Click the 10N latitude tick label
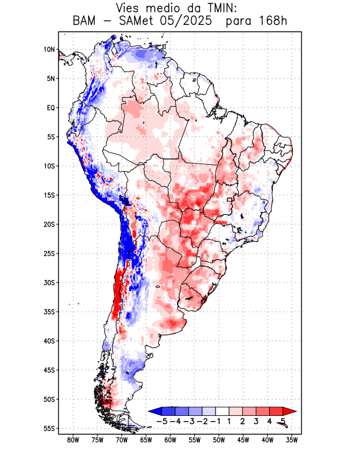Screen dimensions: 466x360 pyautogui.click(x=49, y=50)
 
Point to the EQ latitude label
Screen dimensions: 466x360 pyautogui.click(x=50, y=108)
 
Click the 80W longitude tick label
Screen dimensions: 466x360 pyautogui.click(x=73, y=440)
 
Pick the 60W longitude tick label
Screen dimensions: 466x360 pyautogui.click(x=170, y=440)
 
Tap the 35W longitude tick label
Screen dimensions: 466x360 pyautogui.click(x=292, y=440)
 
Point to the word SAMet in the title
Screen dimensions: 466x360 pyautogui.click(x=139, y=22)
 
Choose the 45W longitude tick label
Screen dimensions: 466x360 pyautogui.click(x=243, y=440)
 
